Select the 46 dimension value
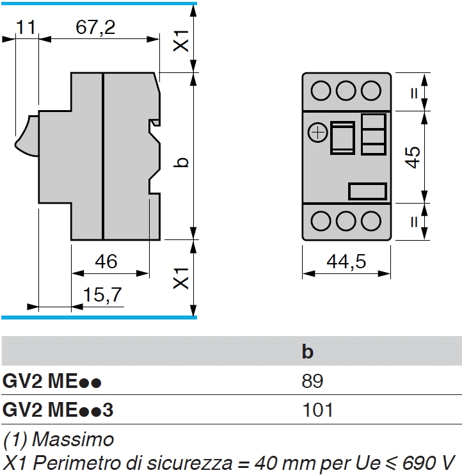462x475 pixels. [x=106, y=261]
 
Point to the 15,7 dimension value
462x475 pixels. [x=102, y=296]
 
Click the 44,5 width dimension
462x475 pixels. [x=346, y=261]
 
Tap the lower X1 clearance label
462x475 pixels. [x=182, y=278]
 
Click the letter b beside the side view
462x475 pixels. [x=182, y=161]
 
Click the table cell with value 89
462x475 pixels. [x=312, y=382]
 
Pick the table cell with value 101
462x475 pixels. [x=317, y=409]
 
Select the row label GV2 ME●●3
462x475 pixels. [x=58, y=409]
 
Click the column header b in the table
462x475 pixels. [x=308, y=352]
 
